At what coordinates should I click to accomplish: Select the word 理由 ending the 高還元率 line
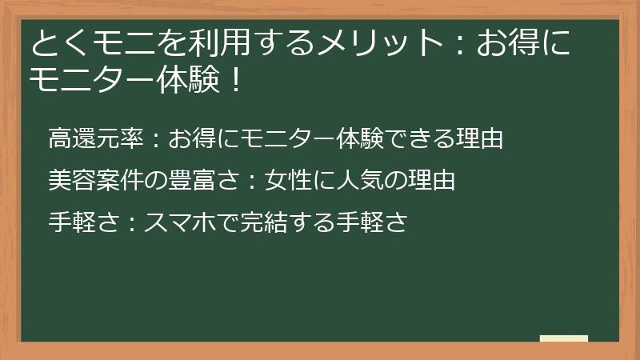click(x=479, y=138)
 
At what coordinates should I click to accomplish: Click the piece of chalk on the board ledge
click(x=564, y=338)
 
